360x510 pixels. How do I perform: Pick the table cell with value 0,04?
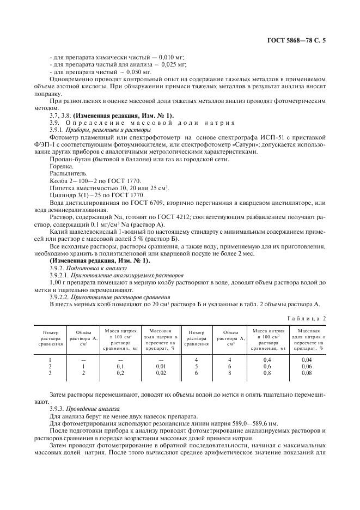point(307,360)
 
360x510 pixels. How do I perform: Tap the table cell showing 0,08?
point(307,373)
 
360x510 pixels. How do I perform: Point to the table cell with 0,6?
point(267,367)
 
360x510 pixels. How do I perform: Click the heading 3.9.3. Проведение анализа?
point(82,409)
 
